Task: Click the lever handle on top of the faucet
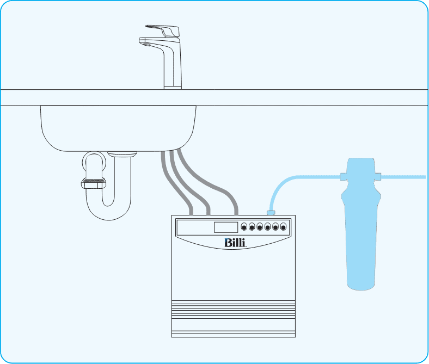click(164, 30)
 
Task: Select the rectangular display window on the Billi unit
click(226, 227)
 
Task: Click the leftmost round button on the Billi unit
click(244, 226)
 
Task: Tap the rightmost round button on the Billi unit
click(284, 226)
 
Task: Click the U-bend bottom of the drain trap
click(108, 213)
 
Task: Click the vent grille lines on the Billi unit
click(234, 313)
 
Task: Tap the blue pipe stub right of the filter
click(406, 176)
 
